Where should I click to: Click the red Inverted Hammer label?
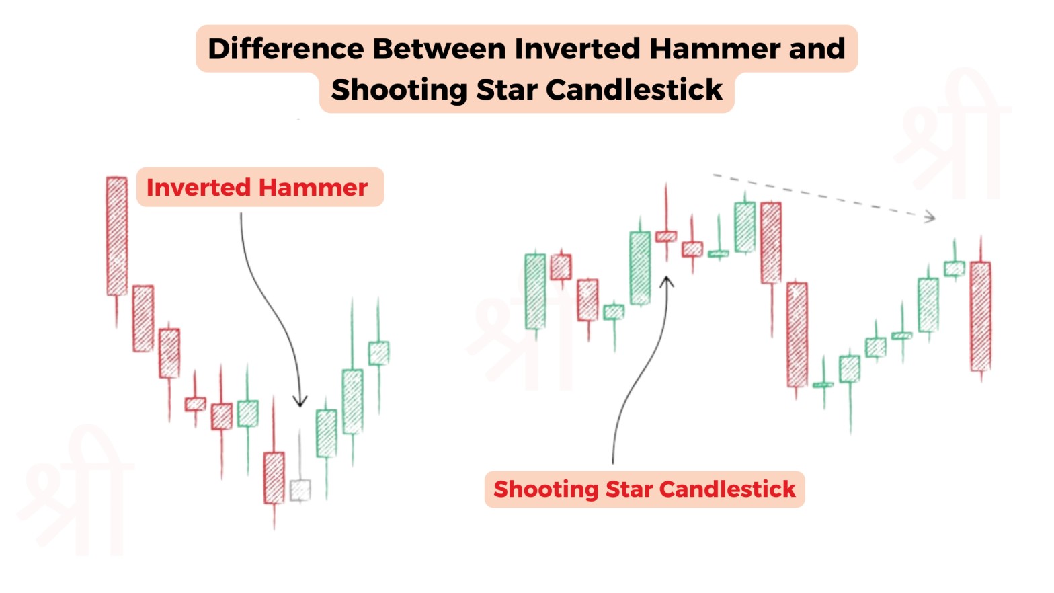pyautogui.click(x=257, y=188)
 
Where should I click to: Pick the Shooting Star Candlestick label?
pyautogui.click(x=644, y=489)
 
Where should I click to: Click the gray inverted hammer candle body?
pyautogui.click(x=300, y=490)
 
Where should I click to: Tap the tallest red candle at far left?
pyautogui.click(x=117, y=236)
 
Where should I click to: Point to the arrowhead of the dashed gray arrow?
pyautogui.click(x=930, y=216)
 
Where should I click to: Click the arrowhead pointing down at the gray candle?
pyautogui.click(x=300, y=402)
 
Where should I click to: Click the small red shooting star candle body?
pyautogui.click(x=666, y=237)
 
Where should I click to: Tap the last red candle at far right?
pyautogui.click(x=981, y=316)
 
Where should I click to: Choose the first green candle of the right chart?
pyautogui.click(x=535, y=292)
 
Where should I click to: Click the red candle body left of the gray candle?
pyautogui.click(x=274, y=478)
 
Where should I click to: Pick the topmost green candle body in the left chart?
pyautogui.click(x=378, y=353)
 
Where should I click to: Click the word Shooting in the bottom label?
pyautogui.click(x=545, y=489)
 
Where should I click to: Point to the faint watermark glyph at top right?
pyautogui.click(x=955, y=134)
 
